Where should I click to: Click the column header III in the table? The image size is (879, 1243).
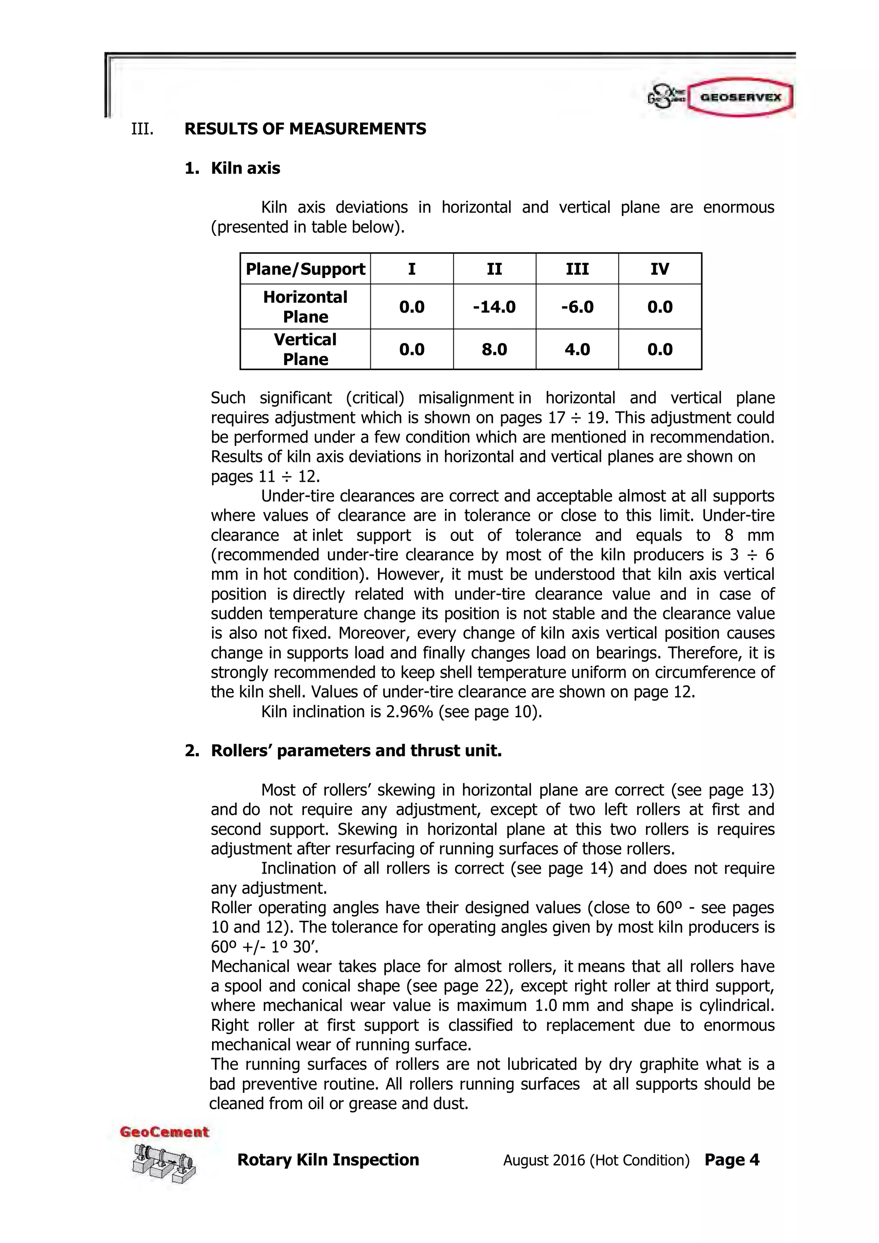[x=577, y=269]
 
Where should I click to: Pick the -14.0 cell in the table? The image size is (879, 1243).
[x=494, y=307]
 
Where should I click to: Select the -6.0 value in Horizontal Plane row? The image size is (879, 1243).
[x=577, y=307]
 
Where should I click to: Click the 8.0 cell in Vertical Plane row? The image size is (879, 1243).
[x=494, y=349]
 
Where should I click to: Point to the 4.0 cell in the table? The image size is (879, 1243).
[x=577, y=349]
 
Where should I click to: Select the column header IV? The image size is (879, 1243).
[x=659, y=269]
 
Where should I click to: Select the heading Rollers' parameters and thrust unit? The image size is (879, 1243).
[x=356, y=751]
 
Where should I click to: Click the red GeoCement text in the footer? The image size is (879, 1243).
[x=164, y=1132]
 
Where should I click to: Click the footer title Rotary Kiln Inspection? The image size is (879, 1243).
[x=328, y=1160]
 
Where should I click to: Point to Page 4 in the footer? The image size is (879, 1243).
[x=731, y=1160]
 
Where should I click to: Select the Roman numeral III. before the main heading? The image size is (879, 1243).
[x=142, y=129]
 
